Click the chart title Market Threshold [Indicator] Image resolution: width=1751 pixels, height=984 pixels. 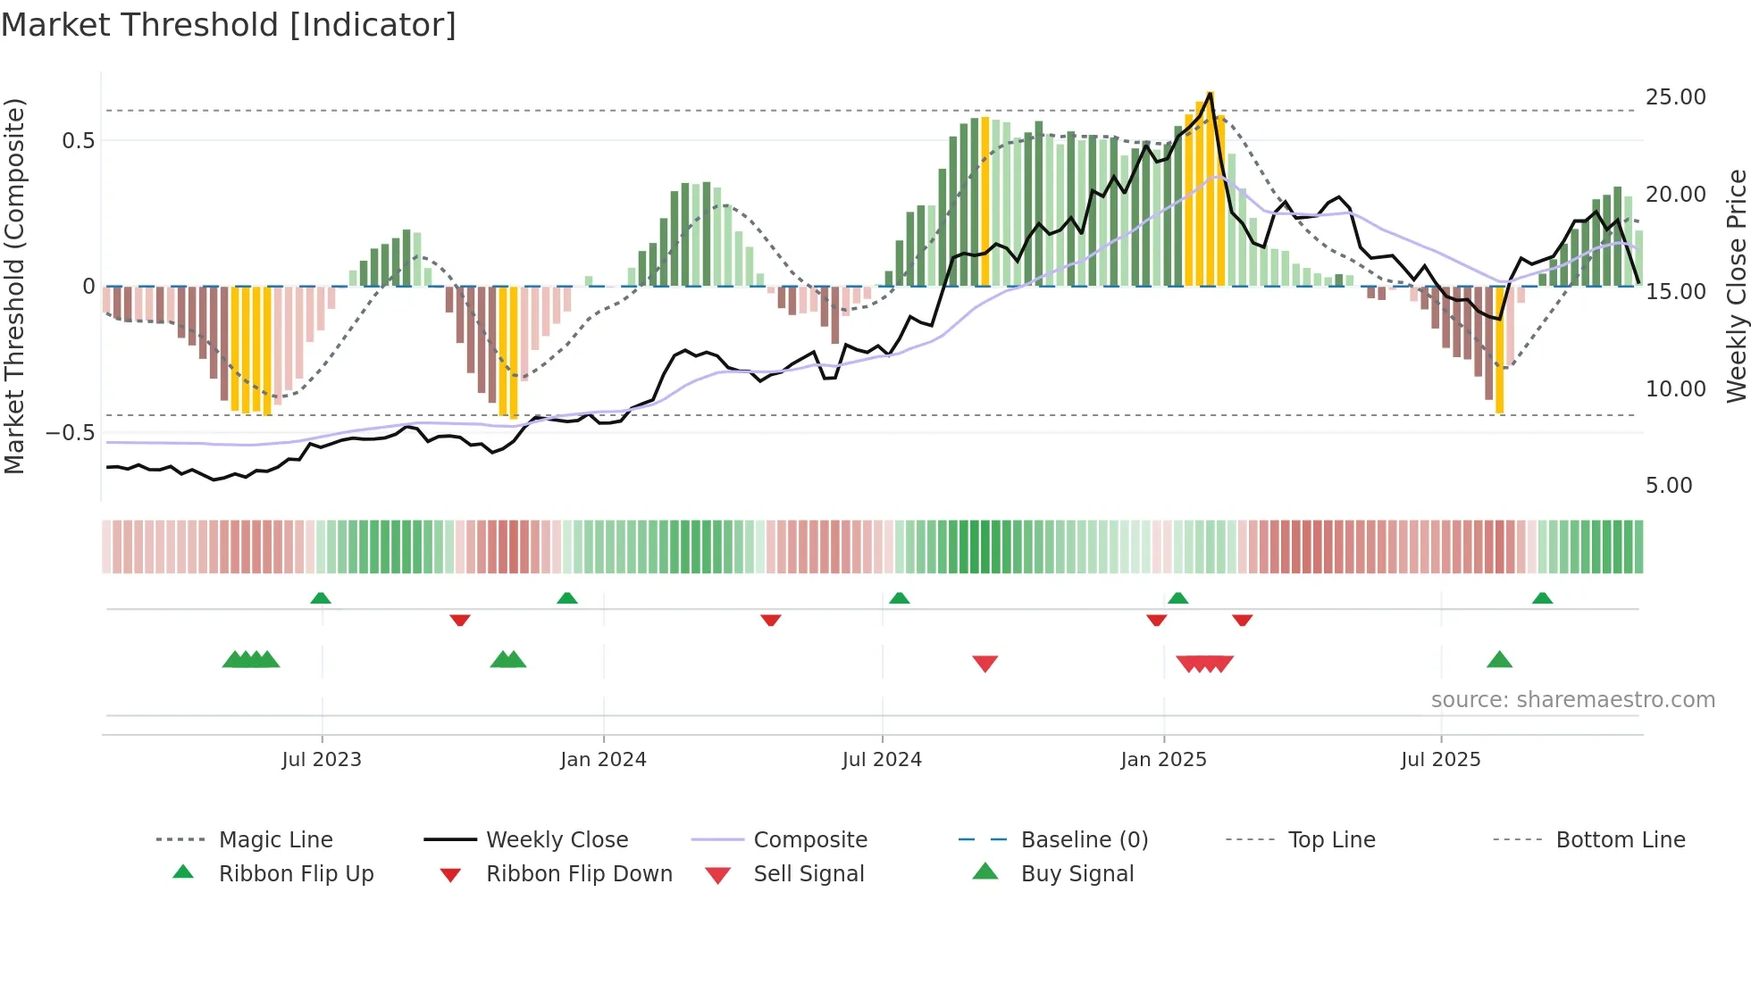point(229,25)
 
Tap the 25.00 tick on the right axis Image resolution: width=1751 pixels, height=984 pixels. point(1675,97)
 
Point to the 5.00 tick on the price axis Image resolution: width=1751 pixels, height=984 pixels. point(1668,486)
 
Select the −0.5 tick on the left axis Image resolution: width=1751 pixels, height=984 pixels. point(71,433)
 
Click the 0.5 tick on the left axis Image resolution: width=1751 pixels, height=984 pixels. point(78,141)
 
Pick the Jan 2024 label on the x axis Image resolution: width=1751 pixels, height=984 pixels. point(603,760)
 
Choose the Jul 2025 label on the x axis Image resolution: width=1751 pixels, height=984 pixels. point(1440,760)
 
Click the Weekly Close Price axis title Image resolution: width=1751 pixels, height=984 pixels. point(1736,286)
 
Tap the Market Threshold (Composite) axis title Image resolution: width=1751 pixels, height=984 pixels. point(14,286)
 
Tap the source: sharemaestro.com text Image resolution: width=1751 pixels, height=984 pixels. point(1572,700)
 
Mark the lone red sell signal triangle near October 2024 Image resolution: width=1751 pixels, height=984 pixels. point(984,663)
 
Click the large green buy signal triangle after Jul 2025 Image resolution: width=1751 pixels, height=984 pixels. point(1499,660)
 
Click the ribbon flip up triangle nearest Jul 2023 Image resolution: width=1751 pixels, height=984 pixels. point(321,598)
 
